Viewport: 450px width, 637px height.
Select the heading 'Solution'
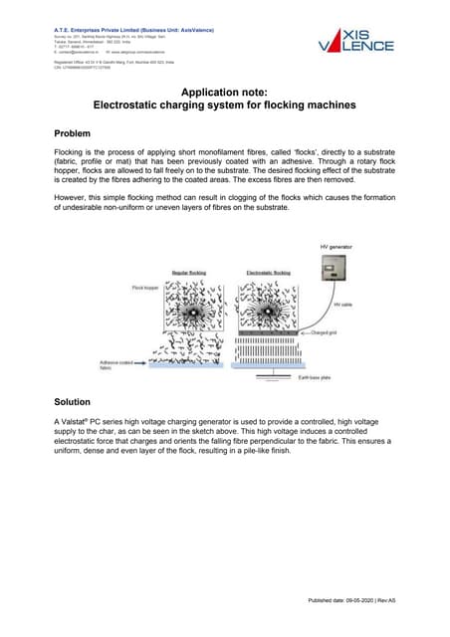77,401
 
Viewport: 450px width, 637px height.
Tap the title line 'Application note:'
225,91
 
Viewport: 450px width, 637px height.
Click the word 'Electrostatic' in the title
135,105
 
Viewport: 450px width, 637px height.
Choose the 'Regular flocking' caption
190,271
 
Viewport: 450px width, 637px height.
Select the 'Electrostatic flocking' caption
267,271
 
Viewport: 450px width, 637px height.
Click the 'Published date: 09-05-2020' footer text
338,601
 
